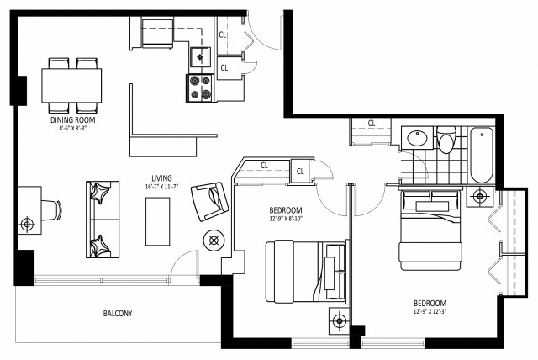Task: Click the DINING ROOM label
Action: click(x=72, y=120)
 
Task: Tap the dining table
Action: click(x=72, y=85)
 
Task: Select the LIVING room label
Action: click(x=161, y=178)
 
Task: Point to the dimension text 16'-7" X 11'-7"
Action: click(x=161, y=187)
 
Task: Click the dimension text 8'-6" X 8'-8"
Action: click(x=72, y=129)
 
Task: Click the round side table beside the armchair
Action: click(x=214, y=240)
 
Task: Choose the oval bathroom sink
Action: click(x=417, y=139)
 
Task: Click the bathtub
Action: click(x=481, y=155)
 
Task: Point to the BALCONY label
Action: click(x=117, y=314)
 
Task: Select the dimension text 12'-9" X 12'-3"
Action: click(x=430, y=312)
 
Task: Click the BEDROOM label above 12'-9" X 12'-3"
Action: click(x=430, y=303)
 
